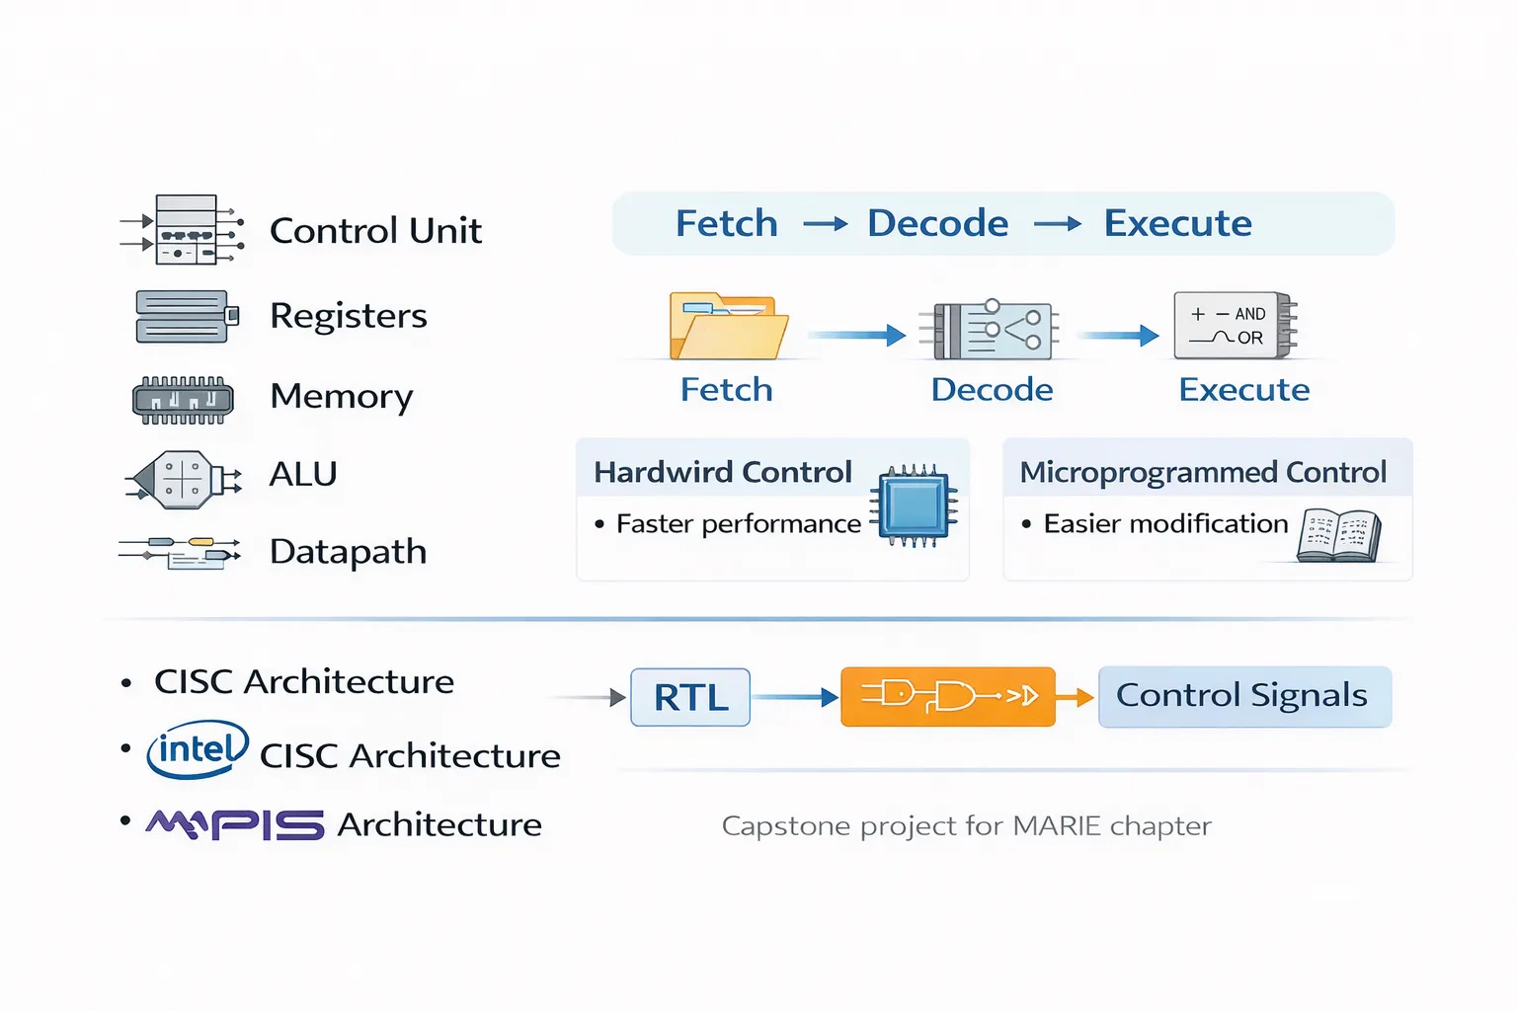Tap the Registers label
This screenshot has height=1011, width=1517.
(348, 316)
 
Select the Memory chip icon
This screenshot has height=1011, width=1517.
(184, 399)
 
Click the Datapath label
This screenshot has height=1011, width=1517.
(348, 552)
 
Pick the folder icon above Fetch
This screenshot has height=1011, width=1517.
(728, 327)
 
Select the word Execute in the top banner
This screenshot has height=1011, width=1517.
(1177, 224)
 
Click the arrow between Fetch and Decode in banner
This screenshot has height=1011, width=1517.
(826, 225)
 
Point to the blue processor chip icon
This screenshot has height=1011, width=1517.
(915, 505)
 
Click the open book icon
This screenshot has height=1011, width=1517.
(1338, 535)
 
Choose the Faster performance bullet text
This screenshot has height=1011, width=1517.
(738, 524)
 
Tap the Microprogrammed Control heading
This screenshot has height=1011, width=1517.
(1203, 473)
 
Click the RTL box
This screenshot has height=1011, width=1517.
(690, 698)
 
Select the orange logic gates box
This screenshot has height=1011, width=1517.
(947, 697)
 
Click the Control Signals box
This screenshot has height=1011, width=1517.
(1243, 696)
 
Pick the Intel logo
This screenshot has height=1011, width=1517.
(198, 750)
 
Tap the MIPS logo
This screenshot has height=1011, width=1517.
(235, 824)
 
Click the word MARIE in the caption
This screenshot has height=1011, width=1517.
(1057, 826)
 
